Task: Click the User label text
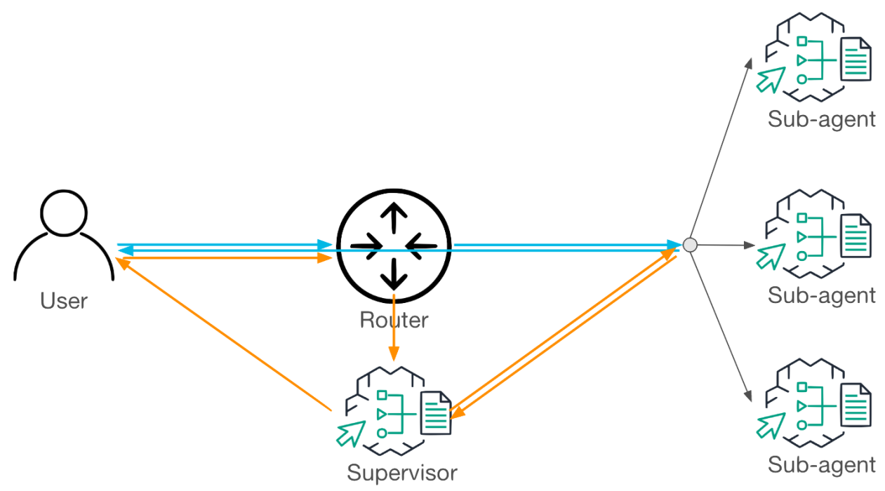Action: pyautogui.click(x=64, y=301)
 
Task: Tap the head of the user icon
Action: pyautogui.click(x=64, y=213)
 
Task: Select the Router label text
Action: pyautogui.click(x=394, y=320)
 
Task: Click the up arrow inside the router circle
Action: pyautogui.click(x=394, y=217)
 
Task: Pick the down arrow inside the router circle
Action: pyautogui.click(x=394, y=274)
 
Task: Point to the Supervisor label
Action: pyautogui.click(x=402, y=473)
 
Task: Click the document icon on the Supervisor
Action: pyautogui.click(x=436, y=412)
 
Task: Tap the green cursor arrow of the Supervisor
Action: pyautogui.click(x=350, y=434)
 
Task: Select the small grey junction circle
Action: pyautogui.click(x=690, y=245)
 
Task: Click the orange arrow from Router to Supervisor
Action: pyautogui.click(x=394, y=328)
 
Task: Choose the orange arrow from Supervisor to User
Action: pyautogui.click(x=223, y=334)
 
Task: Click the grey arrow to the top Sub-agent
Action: pyautogui.click(x=721, y=149)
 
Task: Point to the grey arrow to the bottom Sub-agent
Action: pyautogui.click(x=721, y=327)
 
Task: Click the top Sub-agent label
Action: pyautogui.click(x=821, y=120)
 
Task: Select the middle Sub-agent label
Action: pyautogui.click(x=821, y=296)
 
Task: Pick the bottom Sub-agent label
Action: pyautogui.click(x=821, y=465)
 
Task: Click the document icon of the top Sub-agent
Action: pyautogui.click(x=856, y=59)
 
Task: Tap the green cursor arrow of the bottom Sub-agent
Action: pyautogui.click(x=771, y=426)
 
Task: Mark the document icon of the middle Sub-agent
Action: pyautogui.click(x=856, y=236)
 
